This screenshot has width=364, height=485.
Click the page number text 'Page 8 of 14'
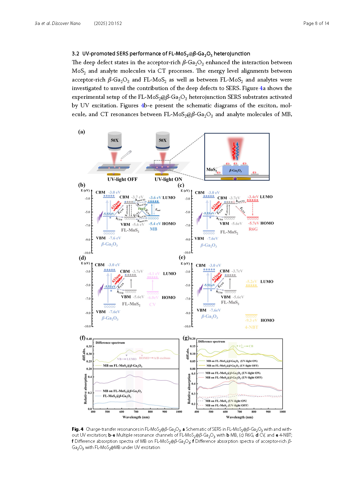coord(316,23)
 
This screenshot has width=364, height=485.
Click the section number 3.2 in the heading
coord(75,54)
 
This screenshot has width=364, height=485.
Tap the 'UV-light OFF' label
coord(122,179)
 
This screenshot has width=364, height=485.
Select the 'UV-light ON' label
coord(168,179)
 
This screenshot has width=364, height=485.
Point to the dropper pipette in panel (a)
coord(127,155)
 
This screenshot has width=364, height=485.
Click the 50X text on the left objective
coord(115,140)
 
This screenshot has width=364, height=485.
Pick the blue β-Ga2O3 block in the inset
coord(235,170)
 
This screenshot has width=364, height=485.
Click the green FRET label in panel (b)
coord(142,209)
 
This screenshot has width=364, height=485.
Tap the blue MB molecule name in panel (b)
coord(153,229)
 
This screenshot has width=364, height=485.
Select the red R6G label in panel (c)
coord(253,229)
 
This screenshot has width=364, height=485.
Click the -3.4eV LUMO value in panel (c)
coord(253,197)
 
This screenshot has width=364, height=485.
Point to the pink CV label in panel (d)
coord(152,304)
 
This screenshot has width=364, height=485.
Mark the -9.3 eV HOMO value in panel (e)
coord(251,320)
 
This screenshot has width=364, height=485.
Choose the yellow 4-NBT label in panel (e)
coord(251,327)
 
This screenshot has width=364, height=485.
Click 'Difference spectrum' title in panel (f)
coord(110,342)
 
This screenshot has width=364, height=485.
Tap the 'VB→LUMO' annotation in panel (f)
coord(127,359)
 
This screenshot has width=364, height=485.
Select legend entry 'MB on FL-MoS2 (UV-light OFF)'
coord(226,406)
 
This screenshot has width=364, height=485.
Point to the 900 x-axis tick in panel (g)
coord(268,412)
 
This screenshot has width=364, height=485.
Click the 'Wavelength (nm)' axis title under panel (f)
coord(136,417)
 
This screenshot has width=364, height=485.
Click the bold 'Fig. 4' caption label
coord(78,429)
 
